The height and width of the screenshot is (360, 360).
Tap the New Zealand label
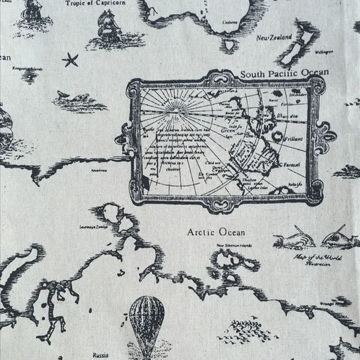(273, 38)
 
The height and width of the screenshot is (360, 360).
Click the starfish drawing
(70, 60)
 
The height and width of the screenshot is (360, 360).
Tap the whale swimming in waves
(79, 101)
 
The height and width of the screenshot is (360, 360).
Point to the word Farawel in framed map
(292, 165)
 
